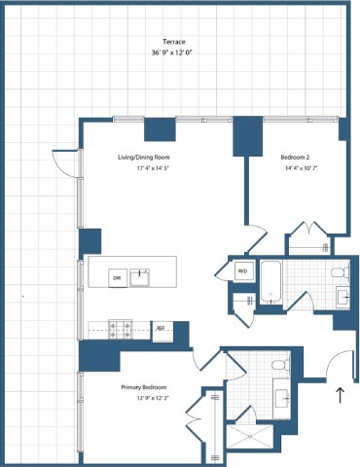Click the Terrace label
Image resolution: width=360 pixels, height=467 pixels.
[175, 42]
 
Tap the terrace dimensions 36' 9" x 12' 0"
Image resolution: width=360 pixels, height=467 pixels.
[175, 54]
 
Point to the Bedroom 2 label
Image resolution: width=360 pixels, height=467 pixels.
[296, 156]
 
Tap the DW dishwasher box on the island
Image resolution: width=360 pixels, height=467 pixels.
[117, 278]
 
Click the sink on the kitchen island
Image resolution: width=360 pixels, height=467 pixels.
[141, 277]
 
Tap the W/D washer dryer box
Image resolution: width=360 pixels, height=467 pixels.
[241, 270]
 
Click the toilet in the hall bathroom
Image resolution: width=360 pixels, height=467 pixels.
[340, 271]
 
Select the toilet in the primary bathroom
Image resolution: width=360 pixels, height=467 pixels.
[279, 365]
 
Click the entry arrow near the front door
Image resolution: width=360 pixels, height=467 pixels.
[340, 395]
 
